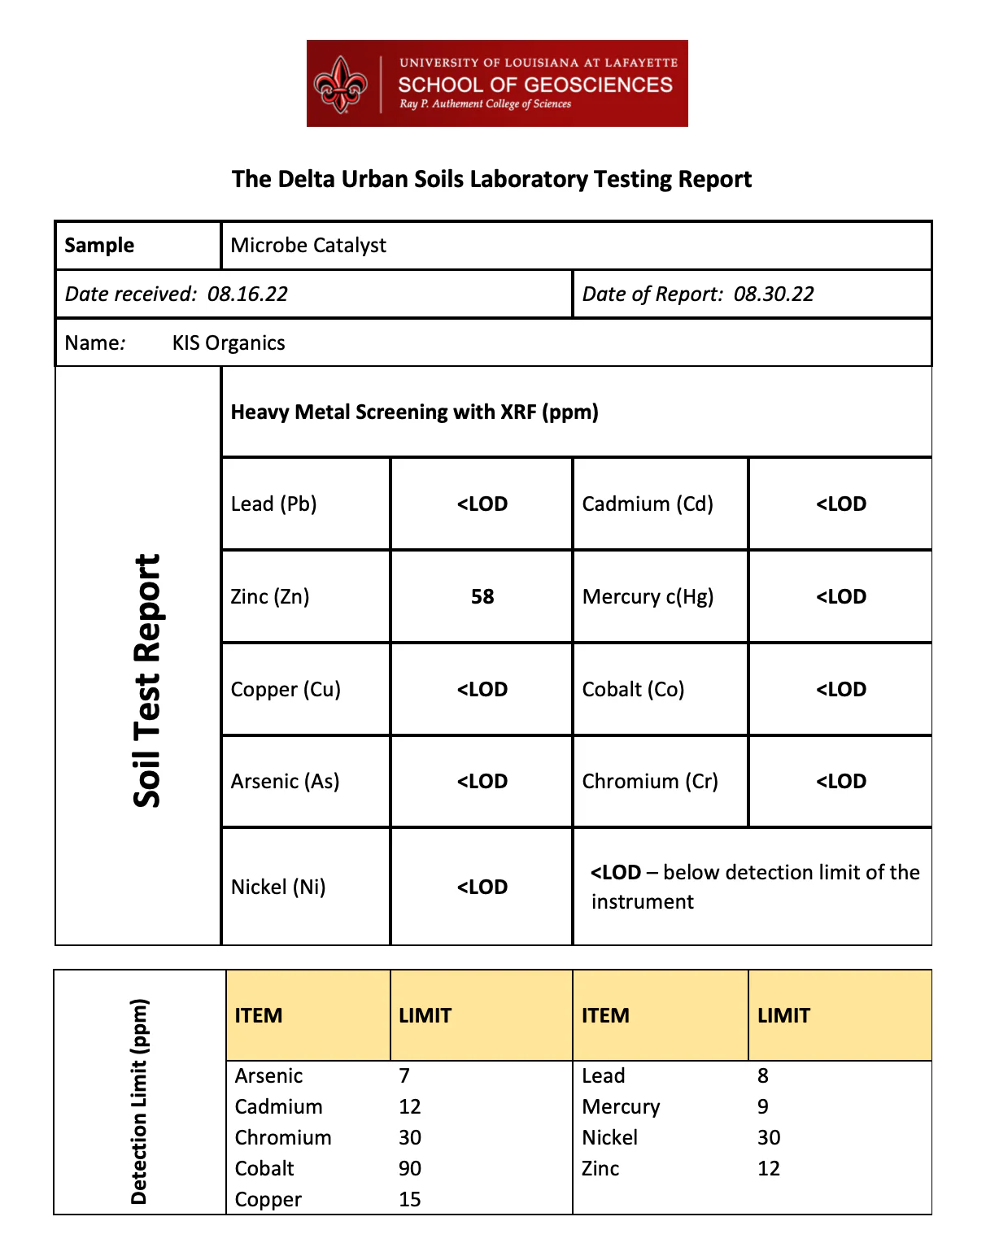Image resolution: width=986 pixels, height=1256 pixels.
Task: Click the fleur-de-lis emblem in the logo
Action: coord(342,85)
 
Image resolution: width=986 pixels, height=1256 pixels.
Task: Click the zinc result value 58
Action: coord(482,597)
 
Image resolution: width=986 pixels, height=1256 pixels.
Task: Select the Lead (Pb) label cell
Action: coord(273,504)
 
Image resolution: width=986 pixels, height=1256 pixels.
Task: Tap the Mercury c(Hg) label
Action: coord(648,597)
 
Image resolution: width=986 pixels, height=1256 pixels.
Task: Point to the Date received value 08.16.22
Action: coord(247,294)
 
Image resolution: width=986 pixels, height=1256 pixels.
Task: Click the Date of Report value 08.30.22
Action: coord(774,294)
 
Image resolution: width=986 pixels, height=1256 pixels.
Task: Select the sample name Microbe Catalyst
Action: coord(308,246)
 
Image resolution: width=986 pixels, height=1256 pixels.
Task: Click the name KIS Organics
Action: coord(229,343)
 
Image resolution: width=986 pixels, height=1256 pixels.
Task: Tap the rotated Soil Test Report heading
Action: coord(147,681)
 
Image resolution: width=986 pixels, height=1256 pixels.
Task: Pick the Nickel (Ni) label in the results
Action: coord(278,887)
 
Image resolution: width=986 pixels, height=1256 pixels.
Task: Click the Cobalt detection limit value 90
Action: coord(410,1169)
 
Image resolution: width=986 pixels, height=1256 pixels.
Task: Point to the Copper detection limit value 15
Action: coord(410,1200)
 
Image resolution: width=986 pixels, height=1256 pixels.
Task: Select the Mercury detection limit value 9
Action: coord(763,1107)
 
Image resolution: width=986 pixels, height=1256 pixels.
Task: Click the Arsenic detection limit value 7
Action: coord(404,1076)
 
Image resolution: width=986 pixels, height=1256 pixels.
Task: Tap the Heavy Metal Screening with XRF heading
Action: coord(414,412)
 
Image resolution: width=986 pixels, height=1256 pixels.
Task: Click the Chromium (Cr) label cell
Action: coord(650,782)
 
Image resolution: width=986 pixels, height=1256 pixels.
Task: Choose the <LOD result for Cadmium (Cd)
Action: coord(841,504)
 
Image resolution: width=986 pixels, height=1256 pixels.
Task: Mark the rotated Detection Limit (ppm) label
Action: coord(139,1101)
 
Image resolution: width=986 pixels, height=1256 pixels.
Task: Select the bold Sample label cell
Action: coord(99,246)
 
